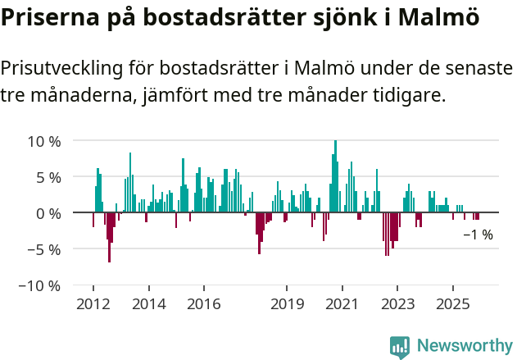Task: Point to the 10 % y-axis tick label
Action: tap(43, 141)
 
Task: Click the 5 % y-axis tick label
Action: tap(48, 177)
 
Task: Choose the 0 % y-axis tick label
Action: tap(48, 213)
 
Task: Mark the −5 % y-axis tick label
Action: tap(44, 249)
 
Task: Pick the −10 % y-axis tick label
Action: tap(40, 285)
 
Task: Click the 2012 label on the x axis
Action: tap(93, 304)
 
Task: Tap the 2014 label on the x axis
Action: tap(148, 304)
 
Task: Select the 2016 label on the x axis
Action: tap(204, 304)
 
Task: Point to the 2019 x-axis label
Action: tap(287, 304)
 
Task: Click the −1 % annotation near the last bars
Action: tap(478, 235)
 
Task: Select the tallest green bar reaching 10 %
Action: tap(335, 176)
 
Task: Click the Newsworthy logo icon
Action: tap(400, 346)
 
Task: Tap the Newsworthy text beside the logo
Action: tap(464, 346)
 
